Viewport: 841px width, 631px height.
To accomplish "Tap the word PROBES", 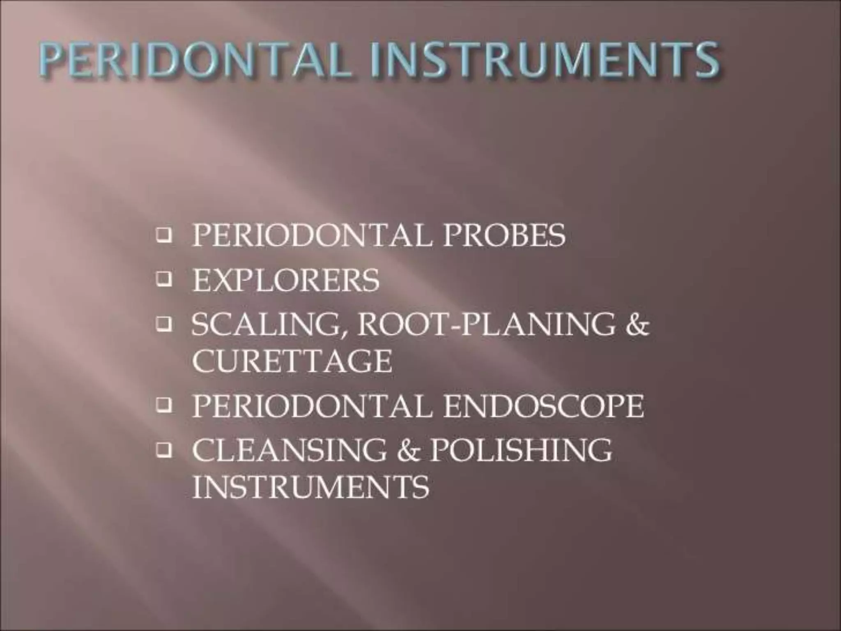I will tap(504, 235).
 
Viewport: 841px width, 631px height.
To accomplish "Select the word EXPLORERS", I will tap(286, 281).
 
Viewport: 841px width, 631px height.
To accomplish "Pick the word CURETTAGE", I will tap(292, 362).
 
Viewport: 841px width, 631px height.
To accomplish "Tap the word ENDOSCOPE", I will tap(544, 406).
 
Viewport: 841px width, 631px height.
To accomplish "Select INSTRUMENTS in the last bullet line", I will tap(311, 487).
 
